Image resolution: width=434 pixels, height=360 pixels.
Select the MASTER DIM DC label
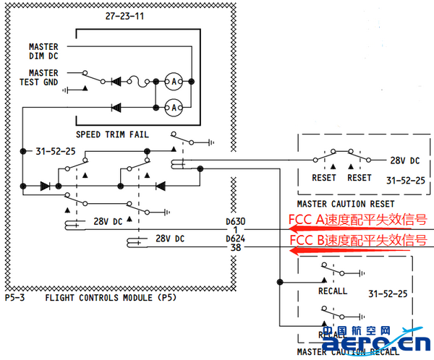click(x=43, y=51)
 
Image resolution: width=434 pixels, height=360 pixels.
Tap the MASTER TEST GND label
click(x=43, y=77)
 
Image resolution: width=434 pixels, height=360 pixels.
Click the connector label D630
click(x=236, y=220)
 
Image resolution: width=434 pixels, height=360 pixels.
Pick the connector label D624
click(x=236, y=239)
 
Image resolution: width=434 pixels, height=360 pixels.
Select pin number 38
click(x=236, y=248)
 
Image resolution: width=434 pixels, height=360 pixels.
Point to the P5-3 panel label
click(x=16, y=297)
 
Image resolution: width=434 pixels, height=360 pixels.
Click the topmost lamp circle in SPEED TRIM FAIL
click(x=173, y=80)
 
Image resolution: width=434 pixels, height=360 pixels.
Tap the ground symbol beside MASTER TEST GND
click(x=69, y=90)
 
